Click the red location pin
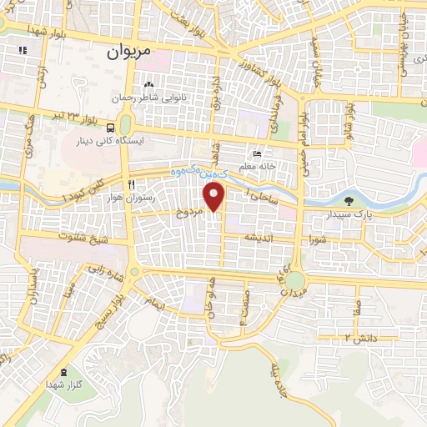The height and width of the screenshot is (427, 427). [x=215, y=197]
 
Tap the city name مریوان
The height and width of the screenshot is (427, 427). [x=129, y=51]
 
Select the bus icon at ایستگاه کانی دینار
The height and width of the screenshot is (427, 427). [x=111, y=127]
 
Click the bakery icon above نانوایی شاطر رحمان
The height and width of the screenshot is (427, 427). [x=148, y=84]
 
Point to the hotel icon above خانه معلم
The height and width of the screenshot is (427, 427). [x=257, y=154]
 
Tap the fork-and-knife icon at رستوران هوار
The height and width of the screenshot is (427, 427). [x=130, y=185]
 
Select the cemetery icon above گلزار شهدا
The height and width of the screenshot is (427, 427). [x=66, y=370]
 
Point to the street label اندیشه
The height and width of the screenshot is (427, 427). [x=259, y=238]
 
